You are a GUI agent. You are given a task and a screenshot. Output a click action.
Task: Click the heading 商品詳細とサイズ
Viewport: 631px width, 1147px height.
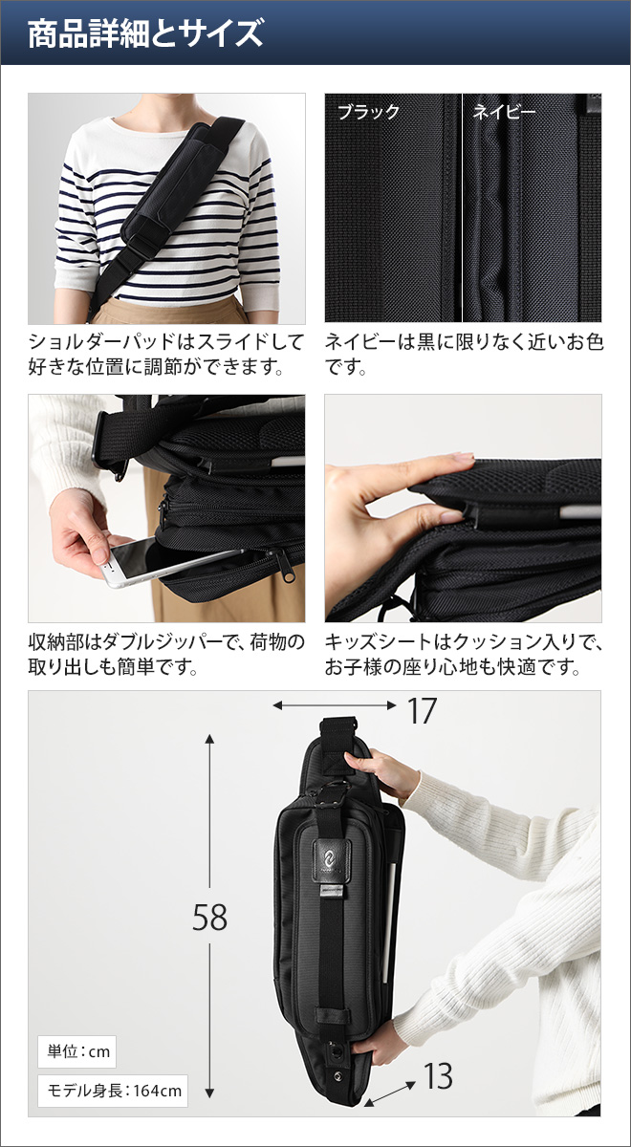(x=145, y=34)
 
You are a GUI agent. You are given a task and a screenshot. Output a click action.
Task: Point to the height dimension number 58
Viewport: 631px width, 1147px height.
(x=209, y=918)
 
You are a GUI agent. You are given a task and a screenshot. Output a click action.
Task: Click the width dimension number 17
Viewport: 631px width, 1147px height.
(x=421, y=711)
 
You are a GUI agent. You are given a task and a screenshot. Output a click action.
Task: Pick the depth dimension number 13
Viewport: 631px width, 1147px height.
(x=438, y=1077)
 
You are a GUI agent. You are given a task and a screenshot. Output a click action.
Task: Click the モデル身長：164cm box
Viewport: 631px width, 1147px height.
(x=113, y=1090)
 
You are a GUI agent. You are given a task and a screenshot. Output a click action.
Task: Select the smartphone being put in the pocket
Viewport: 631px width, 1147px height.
(x=158, y=561)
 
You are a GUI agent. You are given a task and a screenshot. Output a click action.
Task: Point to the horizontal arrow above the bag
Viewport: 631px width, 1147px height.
(x=334, y=705)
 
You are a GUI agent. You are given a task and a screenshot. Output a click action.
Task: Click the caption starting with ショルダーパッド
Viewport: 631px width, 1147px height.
(x=165, y=354)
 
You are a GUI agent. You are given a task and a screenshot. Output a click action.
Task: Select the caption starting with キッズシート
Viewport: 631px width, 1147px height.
(x=463, y=655)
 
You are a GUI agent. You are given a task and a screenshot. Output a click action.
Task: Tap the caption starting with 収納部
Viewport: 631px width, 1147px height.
(x=165, y=655)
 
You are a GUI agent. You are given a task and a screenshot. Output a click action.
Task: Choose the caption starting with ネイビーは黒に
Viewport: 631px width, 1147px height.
(x=463, y=354)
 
